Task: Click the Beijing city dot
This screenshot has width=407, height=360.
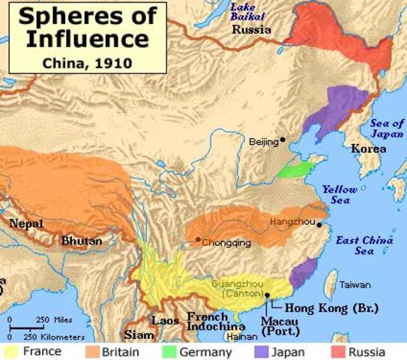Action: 283,140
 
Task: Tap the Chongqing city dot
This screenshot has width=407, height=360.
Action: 197,240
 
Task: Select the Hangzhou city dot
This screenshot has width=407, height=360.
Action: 319,223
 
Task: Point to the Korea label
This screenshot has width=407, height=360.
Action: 370,148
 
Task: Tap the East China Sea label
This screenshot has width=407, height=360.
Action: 364,245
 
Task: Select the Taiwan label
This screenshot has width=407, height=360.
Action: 355,285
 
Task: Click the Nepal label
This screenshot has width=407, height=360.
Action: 25,223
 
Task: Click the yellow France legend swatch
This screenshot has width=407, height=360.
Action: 12,351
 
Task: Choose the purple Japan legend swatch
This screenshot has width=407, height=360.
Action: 261,351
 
